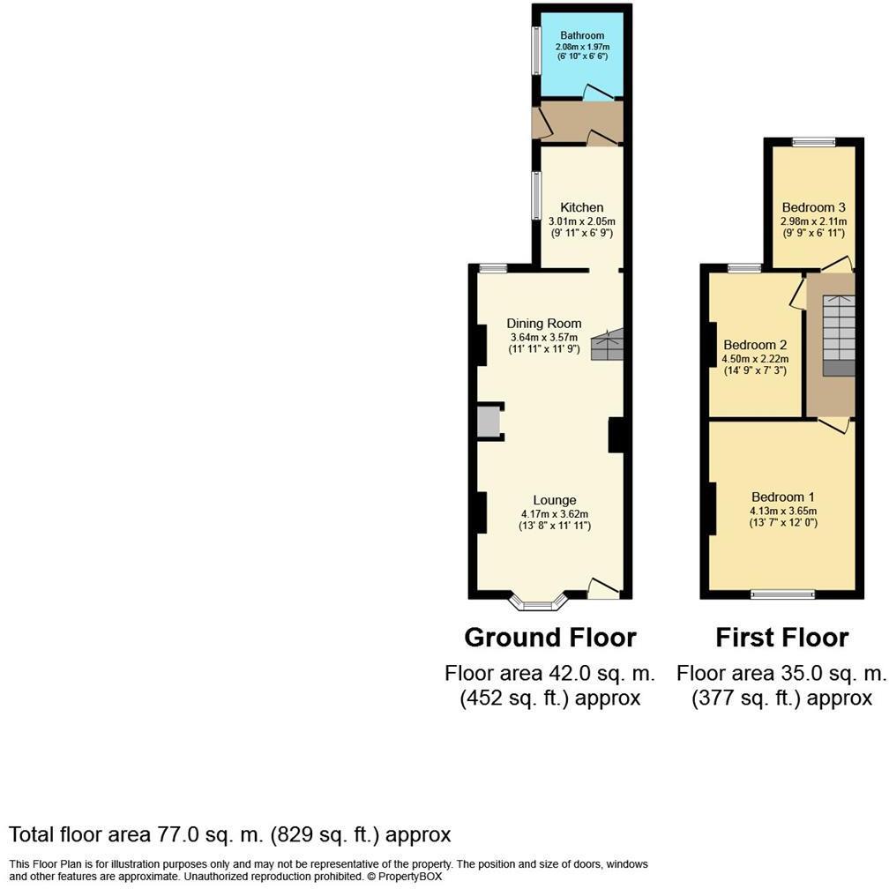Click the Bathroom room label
(x=582, y=35)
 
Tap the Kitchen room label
(x=582, y=207)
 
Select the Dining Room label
(x=543, y=324)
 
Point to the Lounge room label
(x=555, y=500)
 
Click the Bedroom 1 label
(x=783, y=497)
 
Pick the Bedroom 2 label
(x=755, y=346)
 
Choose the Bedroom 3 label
(x=813, y=207)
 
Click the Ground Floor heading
(x=550, y=638)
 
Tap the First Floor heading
(x=781, y=638)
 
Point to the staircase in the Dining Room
(x=607, y=344)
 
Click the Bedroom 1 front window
(x=782, y=594)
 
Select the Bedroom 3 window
(x=813, y=142)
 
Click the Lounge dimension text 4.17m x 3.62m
(x=555, y=514)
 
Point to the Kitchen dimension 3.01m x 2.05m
(x=582, y=221)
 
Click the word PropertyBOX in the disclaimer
(x=410, y=877)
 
